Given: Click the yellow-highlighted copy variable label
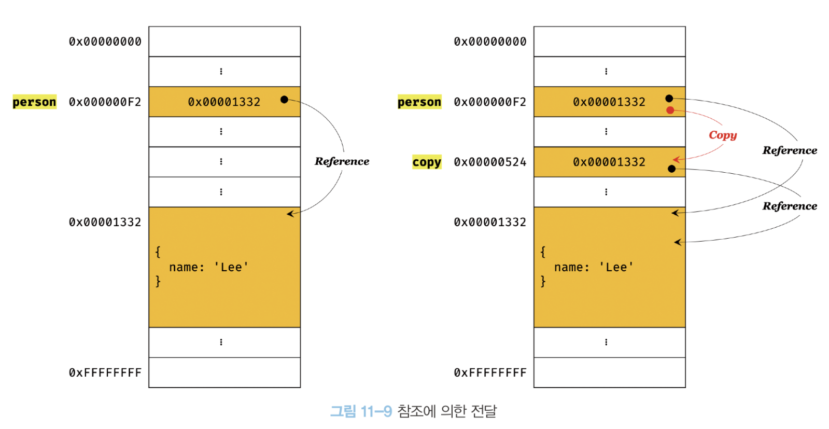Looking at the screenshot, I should pyautogui.click(x=426, y=162).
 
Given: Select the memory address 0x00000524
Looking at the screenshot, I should pyautogui.click(x=490, y=162).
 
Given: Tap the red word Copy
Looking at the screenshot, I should pyautogui.click(x=723, y=135).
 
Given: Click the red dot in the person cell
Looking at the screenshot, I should pyautogui.click(x=670, y=110).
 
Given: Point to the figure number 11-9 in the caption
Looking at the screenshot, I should pyautogui.click(x=376, y=411).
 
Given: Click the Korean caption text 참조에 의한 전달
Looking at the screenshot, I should pyautogui.click(x=447, y=411).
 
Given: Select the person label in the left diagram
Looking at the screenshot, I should pyautogui.click(x=34, y=102).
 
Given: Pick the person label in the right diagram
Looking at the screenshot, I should pyautogui.click(x=419, y=102).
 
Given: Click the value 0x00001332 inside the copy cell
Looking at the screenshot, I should pyautogui.click(x=609, y=162).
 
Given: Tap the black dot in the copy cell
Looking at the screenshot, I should pyautogui.click(x=672, y=169).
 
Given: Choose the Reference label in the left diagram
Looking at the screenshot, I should pyautogui.click(x=342, y=161).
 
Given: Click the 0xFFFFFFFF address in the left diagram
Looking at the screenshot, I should pyautogui.click(x=105, y=372).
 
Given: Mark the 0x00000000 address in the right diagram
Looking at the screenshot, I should pyautogui.click(x=490, y=41).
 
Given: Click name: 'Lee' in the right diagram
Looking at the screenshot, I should pyautogui.click(x=594, y=267).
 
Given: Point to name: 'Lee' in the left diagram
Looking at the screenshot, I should pyautogui.click(x=208, y=267).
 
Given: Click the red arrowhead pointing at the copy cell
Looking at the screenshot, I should pyautogui.click(x=676, y=159).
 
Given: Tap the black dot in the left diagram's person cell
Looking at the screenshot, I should pyautogui.click(x=284, y=99).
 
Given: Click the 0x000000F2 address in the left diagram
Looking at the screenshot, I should pyautogui.click(x=105, y=102).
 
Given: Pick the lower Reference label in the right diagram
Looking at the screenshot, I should pyautogui.click(x=789, y=206).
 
